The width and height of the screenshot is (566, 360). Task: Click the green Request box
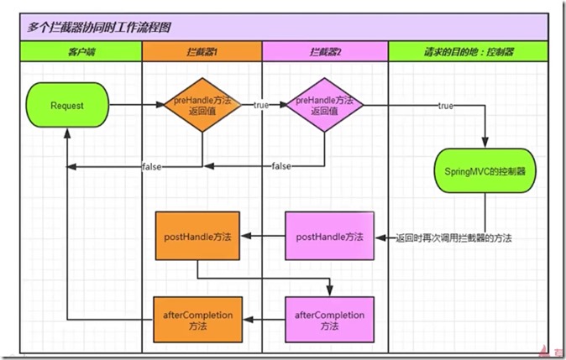[x=66, y=106]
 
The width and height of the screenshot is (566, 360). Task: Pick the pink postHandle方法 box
[x=329, y=237]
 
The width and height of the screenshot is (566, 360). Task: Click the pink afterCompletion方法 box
[x=329, y=320]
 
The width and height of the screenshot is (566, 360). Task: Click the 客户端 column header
[x=81, y=51]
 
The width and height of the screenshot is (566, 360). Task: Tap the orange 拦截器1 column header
[x=202, y=51]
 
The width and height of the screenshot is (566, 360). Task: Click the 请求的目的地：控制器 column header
[x=468, y=51]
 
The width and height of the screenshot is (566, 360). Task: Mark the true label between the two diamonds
[x=261, y=106]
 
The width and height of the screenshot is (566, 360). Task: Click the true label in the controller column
[x=446, y=106]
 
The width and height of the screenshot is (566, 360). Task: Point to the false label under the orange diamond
[x=152, y=166]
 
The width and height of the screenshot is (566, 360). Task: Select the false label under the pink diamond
[x=281, y=166]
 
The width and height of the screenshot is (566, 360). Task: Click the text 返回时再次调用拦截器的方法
[x=453, y=238]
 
